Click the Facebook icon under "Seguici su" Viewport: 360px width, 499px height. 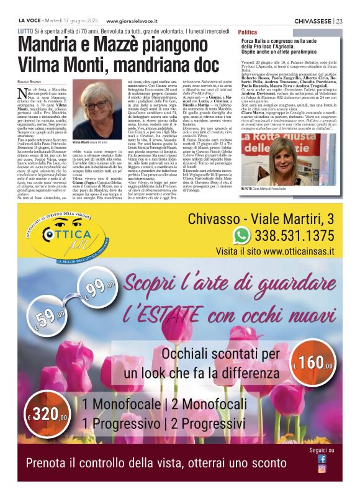[322, 459]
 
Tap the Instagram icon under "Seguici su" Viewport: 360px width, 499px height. [322, 469]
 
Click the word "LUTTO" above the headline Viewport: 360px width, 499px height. [25, 30]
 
